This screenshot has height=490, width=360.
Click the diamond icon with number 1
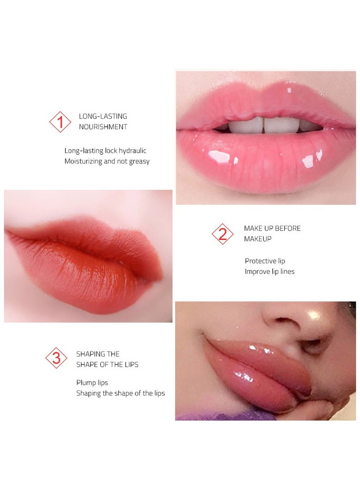pos(60,121)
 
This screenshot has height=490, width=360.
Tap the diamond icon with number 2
pos(223,234)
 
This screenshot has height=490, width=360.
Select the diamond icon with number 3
pos(56,358)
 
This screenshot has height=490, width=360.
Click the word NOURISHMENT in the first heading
pos(103,127)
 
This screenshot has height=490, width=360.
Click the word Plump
pos(85,383)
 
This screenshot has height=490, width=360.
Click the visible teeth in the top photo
pos(263,125)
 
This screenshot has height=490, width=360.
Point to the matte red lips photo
pos(88,256)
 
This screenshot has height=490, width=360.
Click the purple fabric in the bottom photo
pos(225,414)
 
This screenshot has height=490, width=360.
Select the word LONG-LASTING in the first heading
pos(103,116)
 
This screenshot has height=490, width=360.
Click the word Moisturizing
pos(83,161)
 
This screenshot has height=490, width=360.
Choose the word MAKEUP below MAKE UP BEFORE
pos(258,239)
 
